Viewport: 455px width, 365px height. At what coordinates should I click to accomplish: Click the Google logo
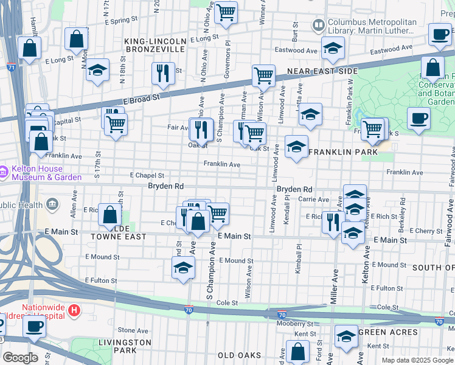coord(20,358)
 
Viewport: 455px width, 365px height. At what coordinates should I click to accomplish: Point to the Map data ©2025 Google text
coord(417,360)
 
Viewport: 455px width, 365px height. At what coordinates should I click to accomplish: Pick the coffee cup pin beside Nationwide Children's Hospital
coord(34,327)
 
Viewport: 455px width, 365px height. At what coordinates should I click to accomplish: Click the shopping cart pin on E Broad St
coord(263,76)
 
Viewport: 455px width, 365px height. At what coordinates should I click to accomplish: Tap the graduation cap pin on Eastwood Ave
coord(333,49)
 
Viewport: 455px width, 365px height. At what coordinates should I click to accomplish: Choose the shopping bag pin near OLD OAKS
coord(297,352)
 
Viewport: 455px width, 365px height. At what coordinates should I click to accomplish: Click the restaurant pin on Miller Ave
coord(332,222)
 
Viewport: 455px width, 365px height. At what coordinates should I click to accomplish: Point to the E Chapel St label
coord(147,175)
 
